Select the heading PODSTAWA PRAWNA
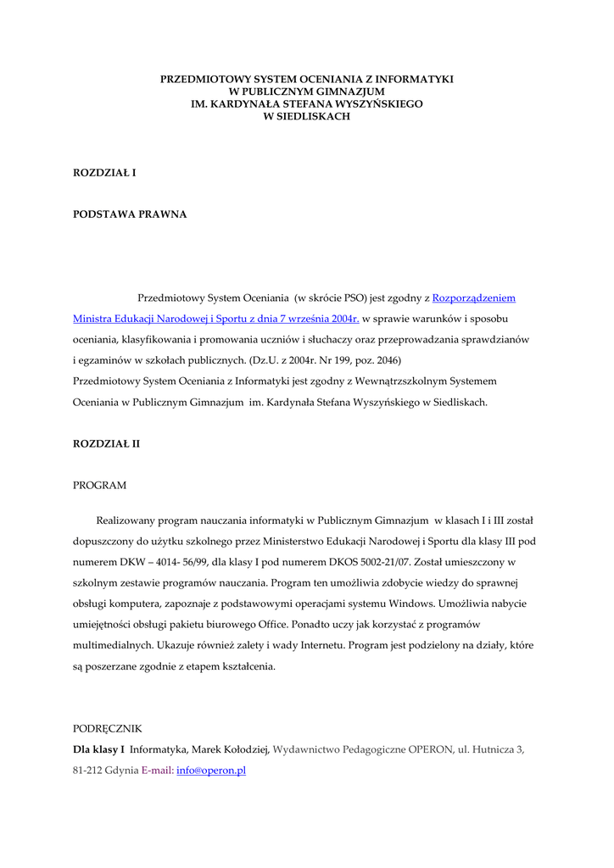coord(130,214)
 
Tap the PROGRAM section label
coord(99,486)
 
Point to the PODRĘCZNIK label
coord(107,728)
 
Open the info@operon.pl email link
coord(211,771)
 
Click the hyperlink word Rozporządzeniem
coord(473,298)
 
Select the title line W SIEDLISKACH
coord(307,116)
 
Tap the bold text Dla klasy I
coord(98,749)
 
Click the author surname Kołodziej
coord(245,749)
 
